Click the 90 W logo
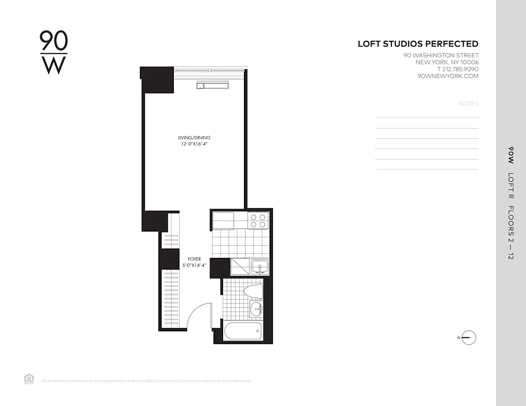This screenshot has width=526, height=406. pos(53,53)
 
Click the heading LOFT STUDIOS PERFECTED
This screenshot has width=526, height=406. pos(418,44)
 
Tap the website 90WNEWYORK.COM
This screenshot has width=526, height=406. pos(448,76)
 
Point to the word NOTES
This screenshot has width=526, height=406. pos(468,104)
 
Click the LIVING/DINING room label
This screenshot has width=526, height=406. pos(194,138)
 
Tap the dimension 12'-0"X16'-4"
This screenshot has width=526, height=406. pos(194,144)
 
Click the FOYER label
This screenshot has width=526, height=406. pos(195,259)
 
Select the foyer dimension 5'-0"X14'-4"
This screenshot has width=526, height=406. pos(195,265)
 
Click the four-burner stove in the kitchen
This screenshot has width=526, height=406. pos(258,220)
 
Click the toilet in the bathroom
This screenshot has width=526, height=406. pos(253,290)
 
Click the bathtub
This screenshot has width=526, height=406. pos(243,332)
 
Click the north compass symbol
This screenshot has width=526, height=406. pos(469,337)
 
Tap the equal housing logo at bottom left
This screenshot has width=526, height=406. pos(29,378)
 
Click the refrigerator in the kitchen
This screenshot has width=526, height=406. pos(223,221)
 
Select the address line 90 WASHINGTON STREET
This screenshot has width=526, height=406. pos(441,55)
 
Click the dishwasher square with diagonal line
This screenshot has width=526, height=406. pos(241,266)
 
